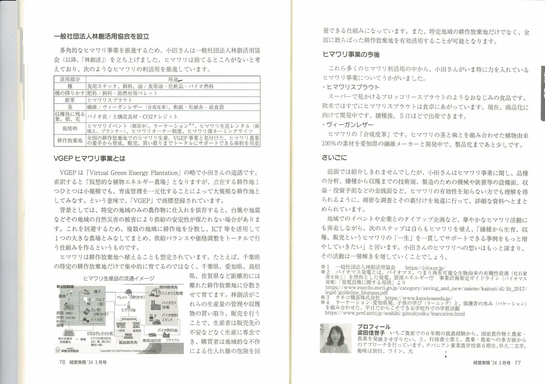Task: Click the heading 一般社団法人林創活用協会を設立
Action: point(101,36)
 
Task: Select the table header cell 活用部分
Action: point(70,79)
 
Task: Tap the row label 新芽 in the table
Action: point(70,100)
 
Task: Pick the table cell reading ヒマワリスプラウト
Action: point(110,100)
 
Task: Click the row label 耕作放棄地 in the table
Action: point(70,140)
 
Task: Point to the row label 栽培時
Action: point(70,129)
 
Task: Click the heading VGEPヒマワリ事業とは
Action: point(89,158)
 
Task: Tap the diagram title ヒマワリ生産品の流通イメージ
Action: point(118,278)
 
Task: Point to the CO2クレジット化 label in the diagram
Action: point(100,333)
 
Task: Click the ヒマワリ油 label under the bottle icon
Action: point(128,310)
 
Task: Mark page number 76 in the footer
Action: point(62,362)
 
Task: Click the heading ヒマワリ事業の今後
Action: point(351,54)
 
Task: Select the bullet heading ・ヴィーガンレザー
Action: point(348,125)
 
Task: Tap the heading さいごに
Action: point(334,158)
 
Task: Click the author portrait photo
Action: point(335,338)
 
